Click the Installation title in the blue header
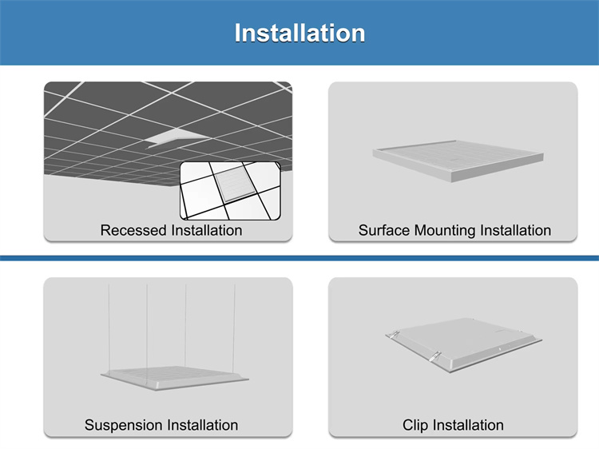pos(299,33)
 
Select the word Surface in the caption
pos(384,230)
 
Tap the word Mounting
pos(445,231)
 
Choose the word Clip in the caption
pos(415,425)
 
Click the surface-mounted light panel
pos(458,161)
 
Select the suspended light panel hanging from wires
pos(175,378)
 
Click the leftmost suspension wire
pos(109,328)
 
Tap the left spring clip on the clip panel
pos(393,335)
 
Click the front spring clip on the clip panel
pos(434,356)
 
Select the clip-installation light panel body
pos(463,344)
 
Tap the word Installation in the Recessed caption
pos(207,230)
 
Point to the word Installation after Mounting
pos(515,230)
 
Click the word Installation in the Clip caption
pos(468,425)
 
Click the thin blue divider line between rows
pos(299,258)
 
